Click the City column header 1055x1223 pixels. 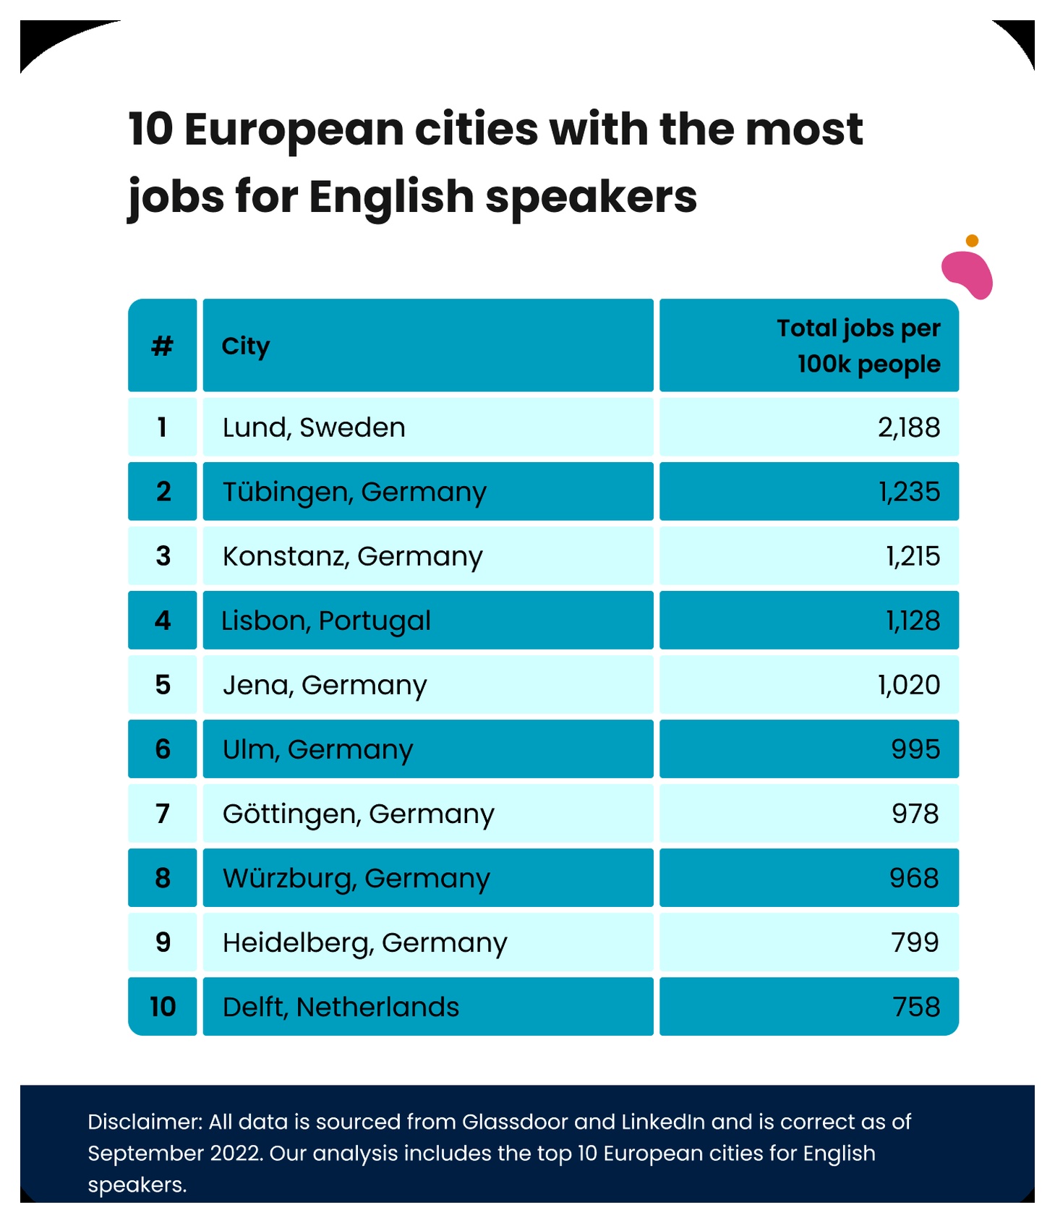246,346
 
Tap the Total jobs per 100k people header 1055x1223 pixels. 858,346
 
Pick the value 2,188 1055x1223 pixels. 909,427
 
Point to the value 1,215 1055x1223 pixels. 913,556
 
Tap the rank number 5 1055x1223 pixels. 163,685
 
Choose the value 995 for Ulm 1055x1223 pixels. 915,749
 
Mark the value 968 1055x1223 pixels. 914,878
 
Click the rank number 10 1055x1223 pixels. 163,1007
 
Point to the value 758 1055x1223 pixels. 916,1007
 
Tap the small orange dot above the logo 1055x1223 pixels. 973,241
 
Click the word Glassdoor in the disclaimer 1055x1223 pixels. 515,1122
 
